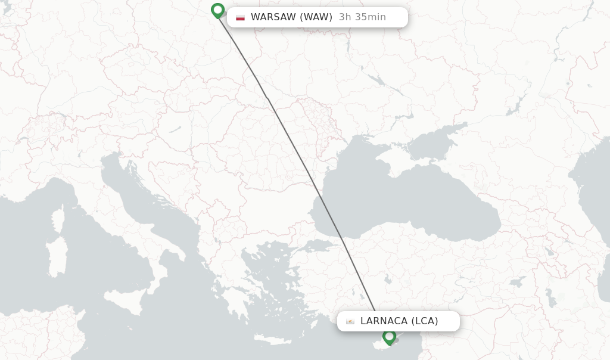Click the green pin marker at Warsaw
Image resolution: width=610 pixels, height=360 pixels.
[217, 10]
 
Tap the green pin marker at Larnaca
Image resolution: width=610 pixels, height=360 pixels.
[389, 337]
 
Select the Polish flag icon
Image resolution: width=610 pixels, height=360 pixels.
[240, 17]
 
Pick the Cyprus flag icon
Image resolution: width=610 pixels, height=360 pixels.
[350, 321]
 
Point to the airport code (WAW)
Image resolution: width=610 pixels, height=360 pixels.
[316, 17]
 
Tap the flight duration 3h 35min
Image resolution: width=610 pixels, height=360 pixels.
[362, 17]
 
